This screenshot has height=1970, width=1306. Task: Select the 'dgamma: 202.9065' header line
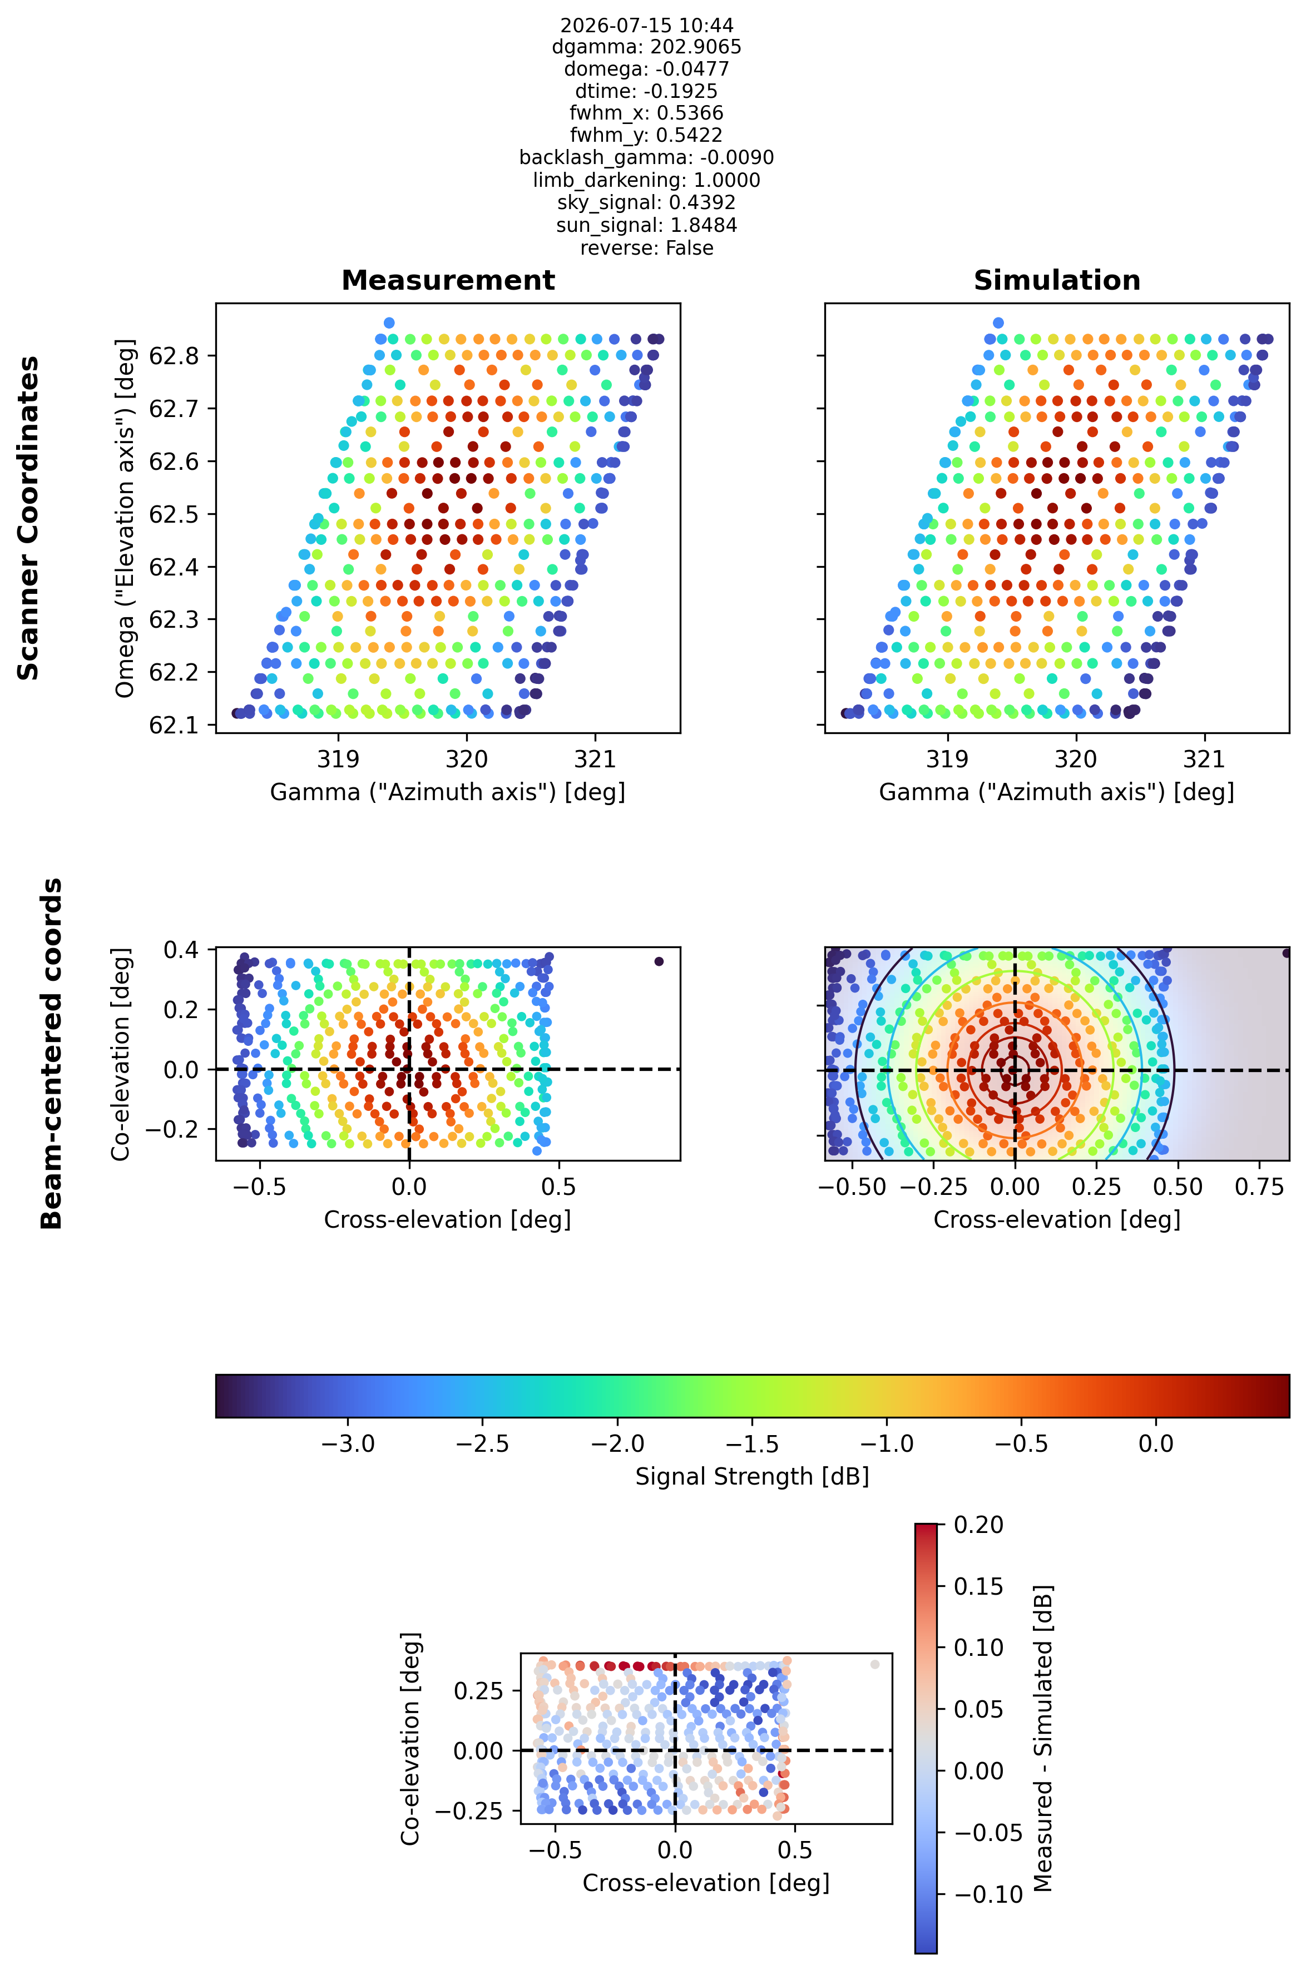point(646,47)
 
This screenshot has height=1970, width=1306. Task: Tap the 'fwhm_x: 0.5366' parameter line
point(646,113)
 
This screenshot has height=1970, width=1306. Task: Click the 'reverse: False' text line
point(646,248)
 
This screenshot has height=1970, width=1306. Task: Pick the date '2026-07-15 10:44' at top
point(646,26)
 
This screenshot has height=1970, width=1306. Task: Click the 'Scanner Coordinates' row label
point(28,518)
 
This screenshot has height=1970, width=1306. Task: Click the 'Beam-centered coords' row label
point(52,1053)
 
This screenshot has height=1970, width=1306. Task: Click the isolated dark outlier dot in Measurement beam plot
point(659,961)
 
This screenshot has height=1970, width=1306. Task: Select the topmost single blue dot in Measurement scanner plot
point(389,323)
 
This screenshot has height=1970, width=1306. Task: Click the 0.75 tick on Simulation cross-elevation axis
point(1260,1187)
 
